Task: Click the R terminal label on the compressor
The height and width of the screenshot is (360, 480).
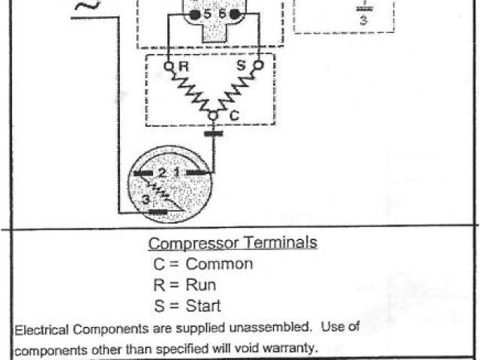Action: [182, 67]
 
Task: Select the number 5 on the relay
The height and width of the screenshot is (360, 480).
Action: [208, 14]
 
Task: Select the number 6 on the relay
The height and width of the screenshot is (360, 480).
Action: [222, 14]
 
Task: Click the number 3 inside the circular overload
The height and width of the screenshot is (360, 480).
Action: [145, 199]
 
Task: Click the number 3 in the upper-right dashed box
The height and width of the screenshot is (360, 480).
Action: [363, 20]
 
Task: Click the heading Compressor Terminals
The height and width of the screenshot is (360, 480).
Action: [232, 243]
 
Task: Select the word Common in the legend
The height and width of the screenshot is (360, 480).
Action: [219, 264]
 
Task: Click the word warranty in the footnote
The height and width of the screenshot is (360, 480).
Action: [295, 348]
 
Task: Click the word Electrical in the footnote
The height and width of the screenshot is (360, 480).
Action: [42, 328]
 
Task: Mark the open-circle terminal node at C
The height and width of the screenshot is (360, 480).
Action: [213, 116]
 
